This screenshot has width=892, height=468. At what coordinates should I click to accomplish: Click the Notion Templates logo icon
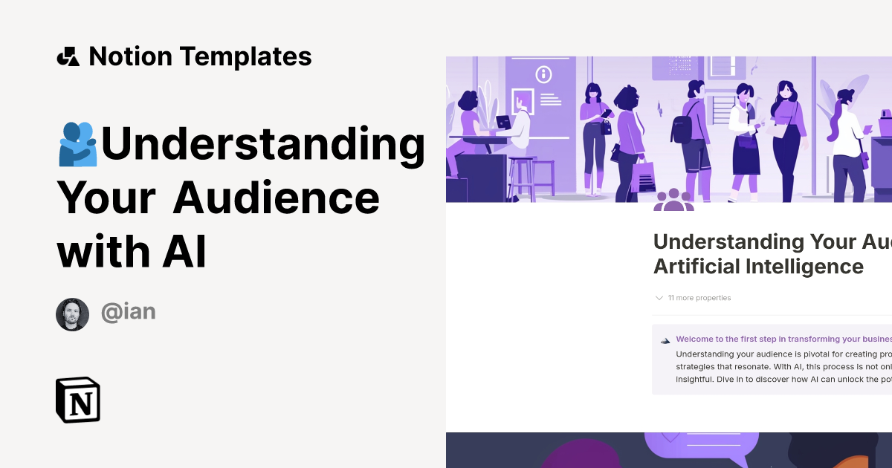click(68, 56)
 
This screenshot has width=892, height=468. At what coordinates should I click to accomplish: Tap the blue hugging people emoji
click(78, 144)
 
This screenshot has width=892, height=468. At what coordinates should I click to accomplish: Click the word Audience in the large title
click(277, 198)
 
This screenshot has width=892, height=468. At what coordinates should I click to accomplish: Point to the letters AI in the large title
click(184, 251)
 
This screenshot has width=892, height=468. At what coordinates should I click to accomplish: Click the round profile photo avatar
click(72, 314)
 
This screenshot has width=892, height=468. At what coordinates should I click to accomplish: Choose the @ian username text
click(128, 311)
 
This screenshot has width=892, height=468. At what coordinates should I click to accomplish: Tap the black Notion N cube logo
click(78, 400)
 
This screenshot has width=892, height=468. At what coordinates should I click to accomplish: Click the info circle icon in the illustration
click(544, 74)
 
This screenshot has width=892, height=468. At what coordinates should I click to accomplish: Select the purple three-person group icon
click(673, 201)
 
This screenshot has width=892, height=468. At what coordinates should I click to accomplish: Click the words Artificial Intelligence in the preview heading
click(758, 266)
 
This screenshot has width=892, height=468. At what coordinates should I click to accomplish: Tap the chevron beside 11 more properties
click(659, 298)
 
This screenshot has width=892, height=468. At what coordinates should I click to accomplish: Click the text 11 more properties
click(699, 298)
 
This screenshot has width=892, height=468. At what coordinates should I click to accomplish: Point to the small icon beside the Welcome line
click(665, 340)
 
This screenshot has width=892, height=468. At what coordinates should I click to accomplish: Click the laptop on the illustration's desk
click(504, 123)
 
